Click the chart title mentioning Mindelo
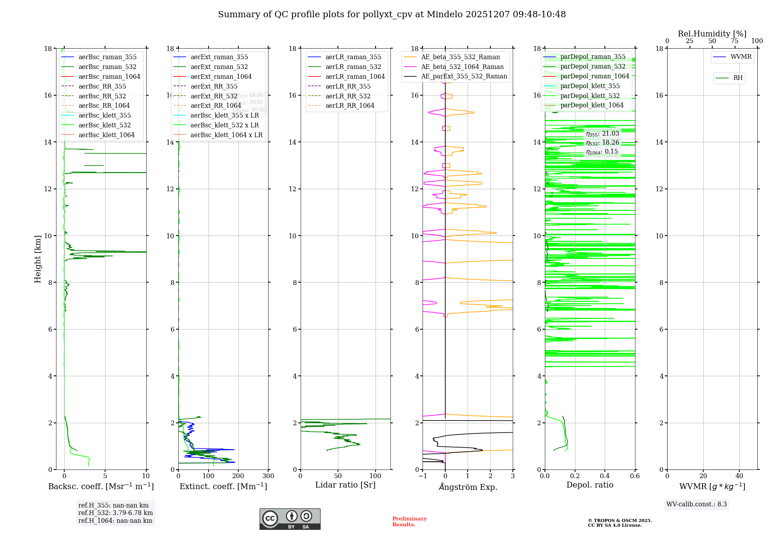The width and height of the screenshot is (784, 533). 392,15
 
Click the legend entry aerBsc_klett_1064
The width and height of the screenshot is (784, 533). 106,135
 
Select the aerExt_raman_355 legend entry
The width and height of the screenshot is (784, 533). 219,57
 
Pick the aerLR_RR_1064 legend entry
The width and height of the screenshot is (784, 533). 350,106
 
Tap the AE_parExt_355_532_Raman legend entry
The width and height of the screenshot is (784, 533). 464,76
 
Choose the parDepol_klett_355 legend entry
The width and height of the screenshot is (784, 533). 590,86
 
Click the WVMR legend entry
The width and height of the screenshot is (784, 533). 741,57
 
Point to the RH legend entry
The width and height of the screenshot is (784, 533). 738,78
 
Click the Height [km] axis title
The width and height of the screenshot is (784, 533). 38,259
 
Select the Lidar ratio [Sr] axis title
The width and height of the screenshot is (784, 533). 345,485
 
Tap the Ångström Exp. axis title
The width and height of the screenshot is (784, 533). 468,487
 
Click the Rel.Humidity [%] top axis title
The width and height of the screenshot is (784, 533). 712,34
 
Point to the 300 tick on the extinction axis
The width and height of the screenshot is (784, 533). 269,476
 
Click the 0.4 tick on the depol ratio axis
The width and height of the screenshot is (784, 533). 605,476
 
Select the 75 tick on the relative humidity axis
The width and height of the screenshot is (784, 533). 735,41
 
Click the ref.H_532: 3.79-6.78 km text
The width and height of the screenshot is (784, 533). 115,513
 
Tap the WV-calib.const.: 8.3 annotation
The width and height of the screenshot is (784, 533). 696,504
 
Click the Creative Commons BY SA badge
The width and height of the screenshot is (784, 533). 290,519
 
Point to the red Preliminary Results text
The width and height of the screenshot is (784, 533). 409,522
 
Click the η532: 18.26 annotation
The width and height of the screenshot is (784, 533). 603,143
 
